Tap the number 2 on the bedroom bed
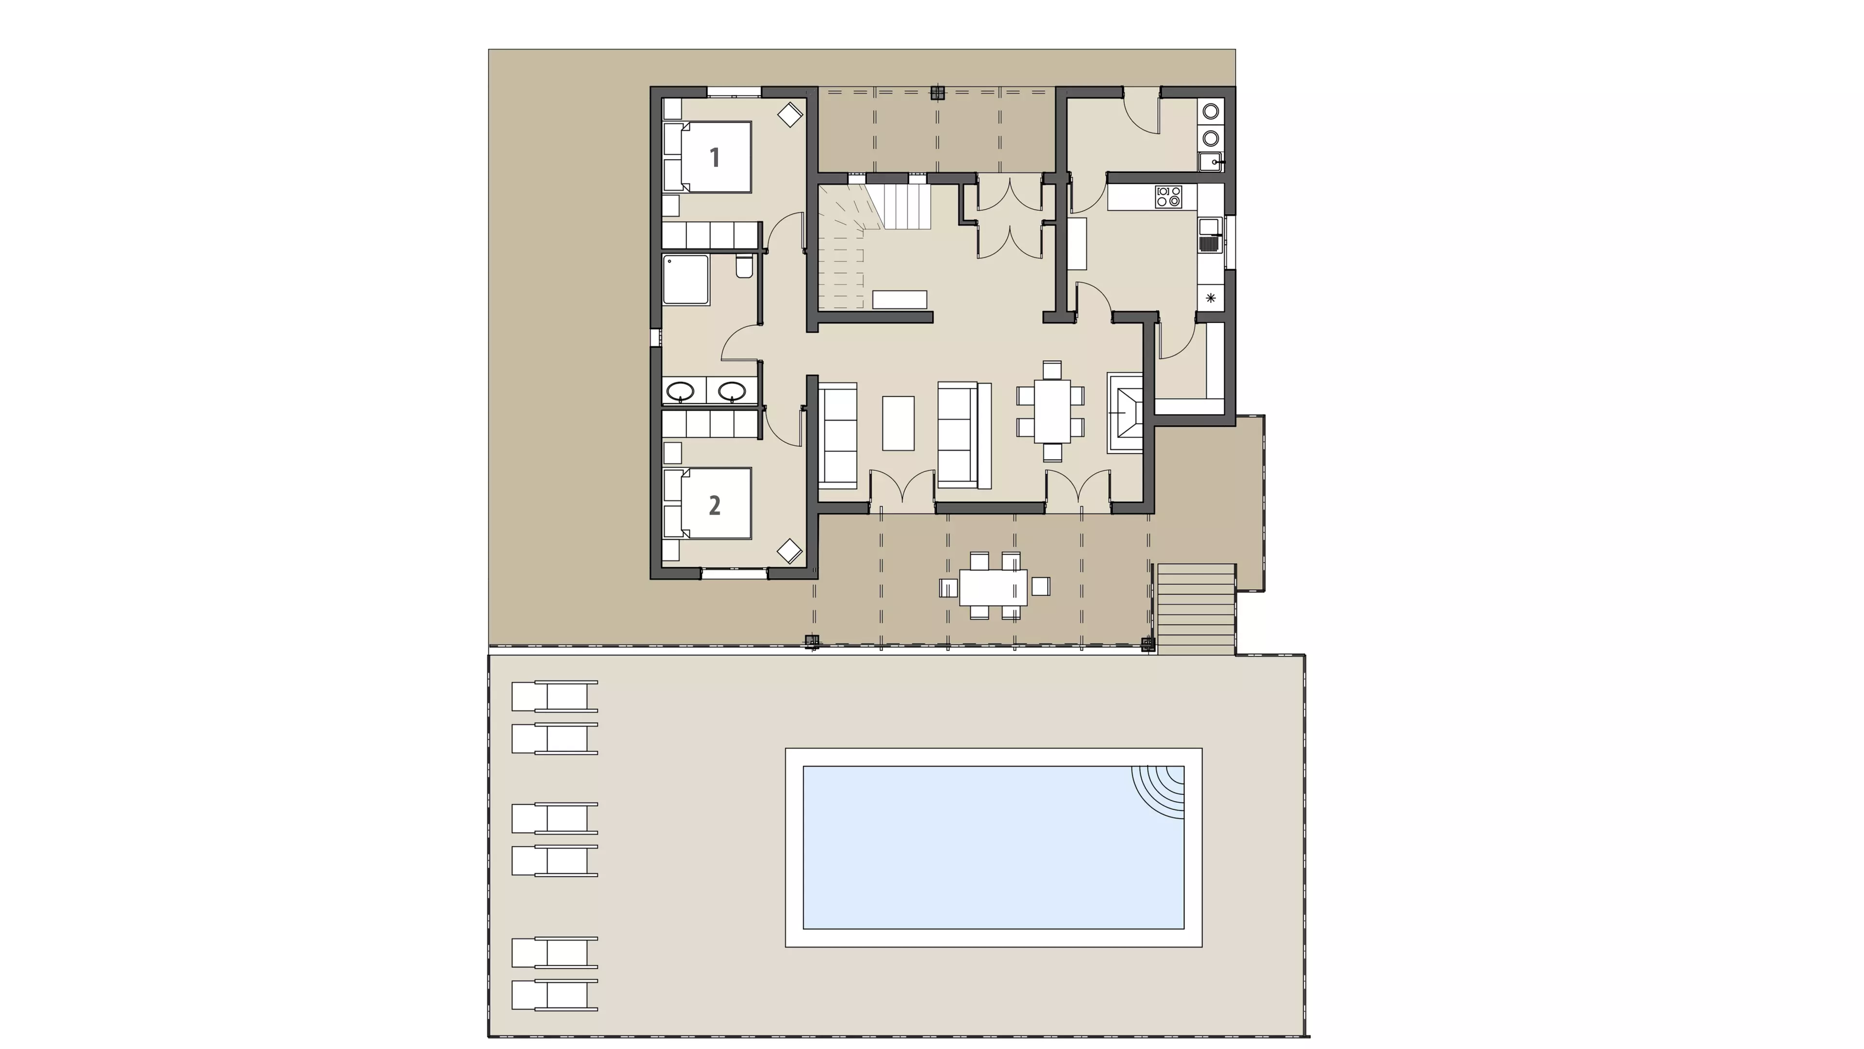tap(714, 505)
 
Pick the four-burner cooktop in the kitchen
tap(1168, 196)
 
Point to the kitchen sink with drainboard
tap(1210, 235)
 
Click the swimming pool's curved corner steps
tap(1158, 792)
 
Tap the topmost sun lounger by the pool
tap(555, 697)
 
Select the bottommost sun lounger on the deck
tap(555, 996)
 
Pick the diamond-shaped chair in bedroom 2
tap(789, 551)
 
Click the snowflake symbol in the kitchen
tap(1211, 298)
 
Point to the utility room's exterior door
tap(1141, 111)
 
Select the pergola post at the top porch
tap(938, 93)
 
